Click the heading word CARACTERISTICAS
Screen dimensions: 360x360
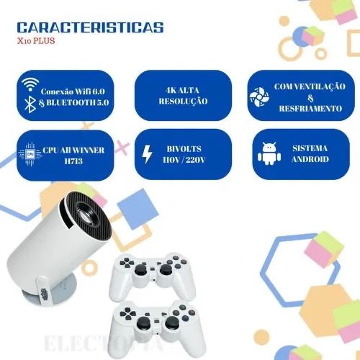pos(89,28)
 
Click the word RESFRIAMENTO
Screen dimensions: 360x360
pos(312,109)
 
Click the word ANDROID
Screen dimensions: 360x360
pos(310,159)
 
